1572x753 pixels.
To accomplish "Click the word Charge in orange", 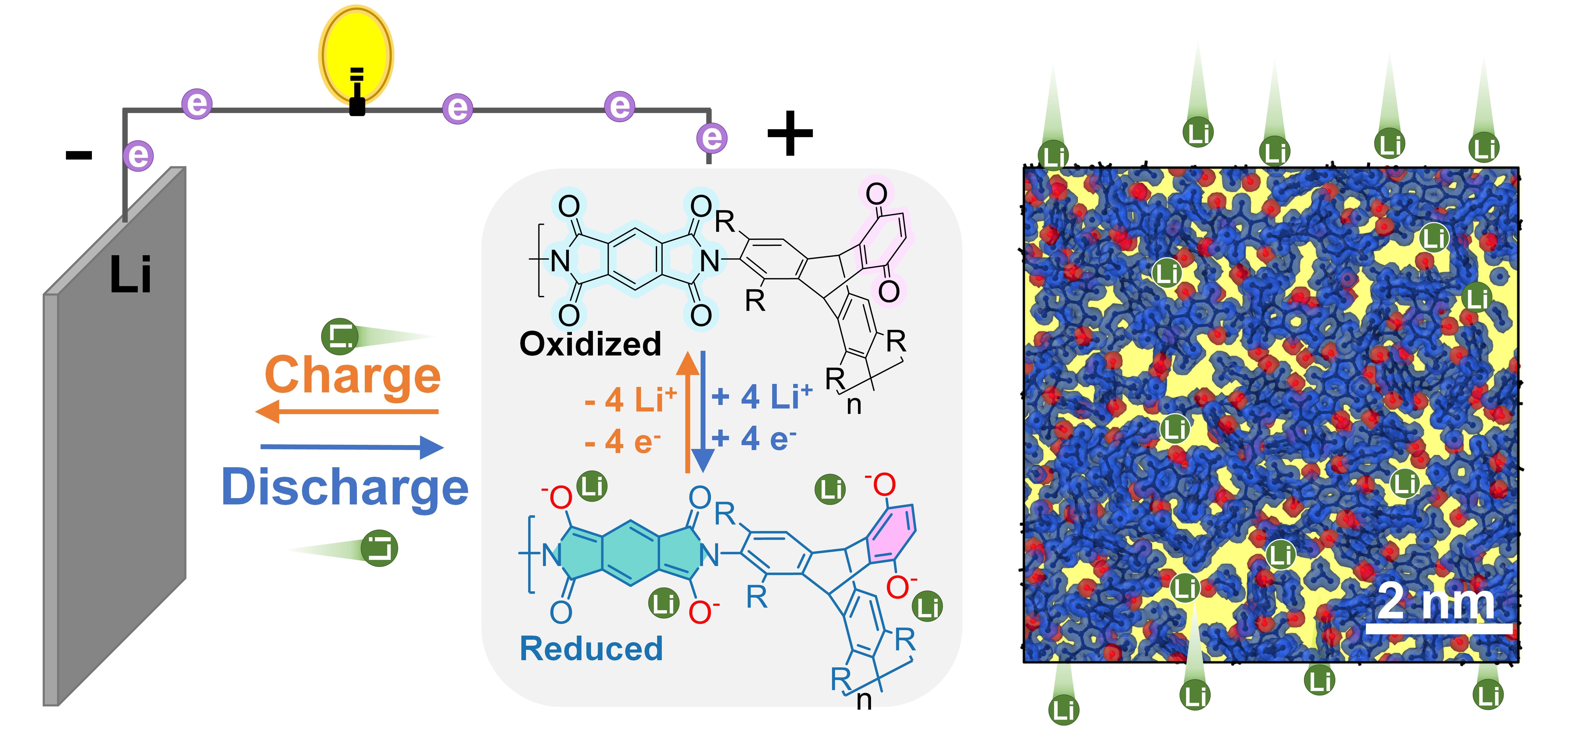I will point(353,375).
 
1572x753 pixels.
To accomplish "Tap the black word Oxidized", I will point(590,344).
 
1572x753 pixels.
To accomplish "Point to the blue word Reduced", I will point(591,649).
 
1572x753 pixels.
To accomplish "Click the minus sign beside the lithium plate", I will point(79,155).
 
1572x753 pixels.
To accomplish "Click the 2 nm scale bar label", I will point(1436,601).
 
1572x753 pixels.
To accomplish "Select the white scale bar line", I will point(1438,628).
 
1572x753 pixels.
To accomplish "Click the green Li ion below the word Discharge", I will point(379,548).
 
